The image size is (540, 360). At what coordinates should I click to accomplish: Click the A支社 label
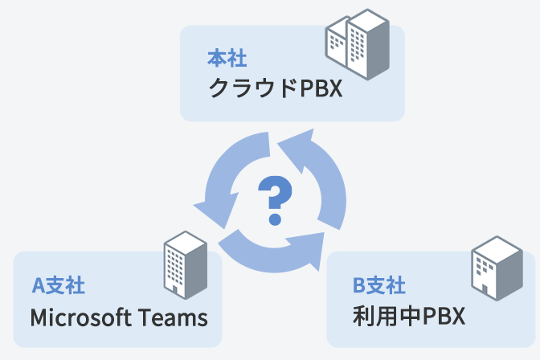pyautogui.click(x=58, y=285)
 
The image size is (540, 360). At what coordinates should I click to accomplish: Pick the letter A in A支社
pyautogui.click(x=36, y=285)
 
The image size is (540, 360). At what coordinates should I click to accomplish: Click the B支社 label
pyautogui.click(x=378, y=285)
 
